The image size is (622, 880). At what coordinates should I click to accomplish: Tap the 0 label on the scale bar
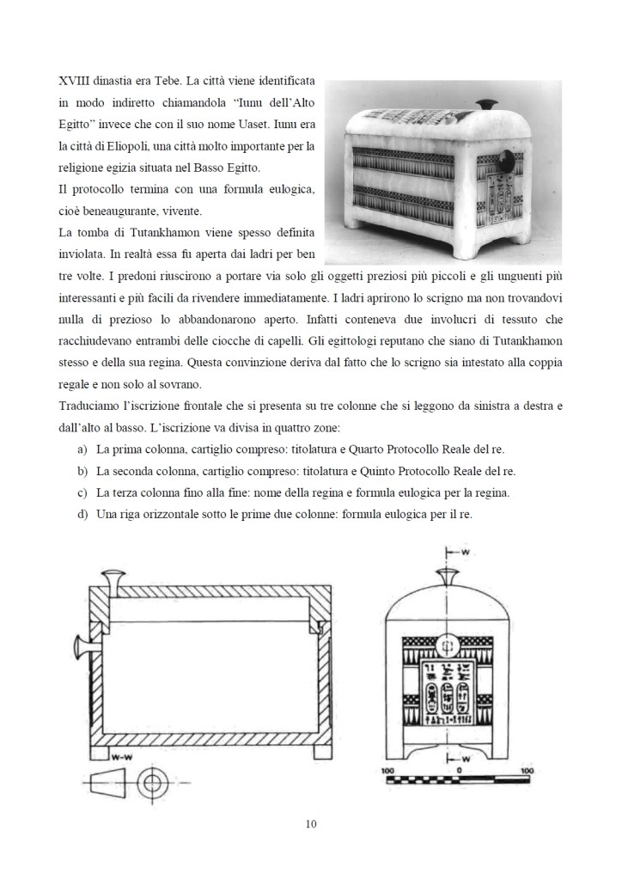point(459,770)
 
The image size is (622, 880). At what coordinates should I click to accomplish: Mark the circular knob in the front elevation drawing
point(444,645)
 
